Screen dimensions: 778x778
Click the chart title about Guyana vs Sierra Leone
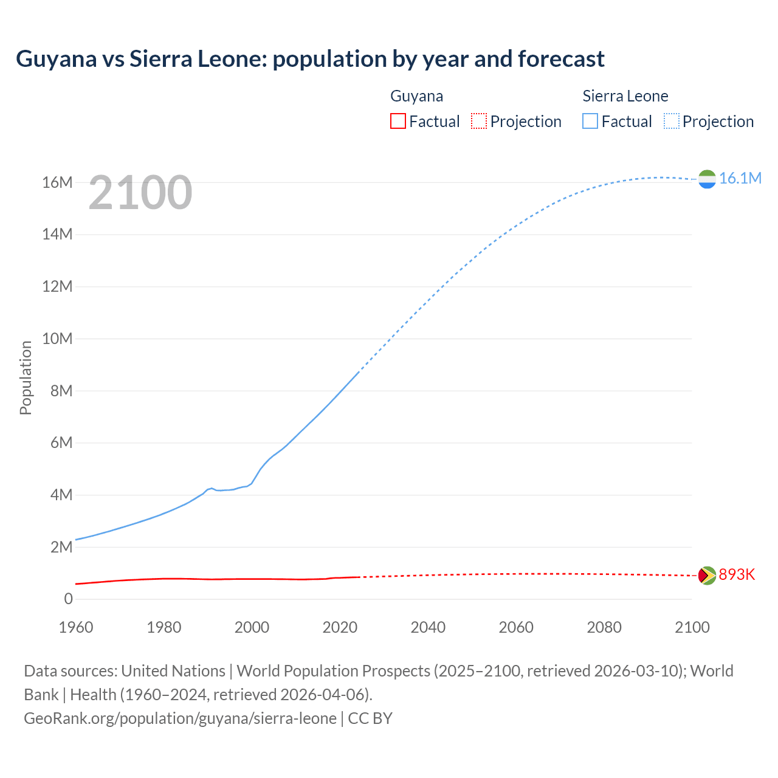click(x=310, y=59)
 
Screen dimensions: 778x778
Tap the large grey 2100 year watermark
click(x=140, y=193)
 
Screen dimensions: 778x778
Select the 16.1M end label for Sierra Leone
click(x=740, y=178)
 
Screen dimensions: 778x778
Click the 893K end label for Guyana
click(x=736, y=575)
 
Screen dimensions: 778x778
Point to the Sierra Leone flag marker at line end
click(x=707, y=179)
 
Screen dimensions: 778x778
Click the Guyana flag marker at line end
click(x=707, y=575)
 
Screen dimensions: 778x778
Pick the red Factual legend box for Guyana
click(x=398, y=121)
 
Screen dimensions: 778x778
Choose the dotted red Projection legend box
click(x=479, y=121)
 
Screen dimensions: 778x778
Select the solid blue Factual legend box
click(x=590, y=121)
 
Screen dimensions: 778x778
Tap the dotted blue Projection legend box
click(x=672, y=121)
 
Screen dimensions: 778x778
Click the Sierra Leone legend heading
click(x=625, y=96)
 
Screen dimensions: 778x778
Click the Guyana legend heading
click(x=416, y=96)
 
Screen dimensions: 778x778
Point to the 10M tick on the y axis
click(x=58, y=339)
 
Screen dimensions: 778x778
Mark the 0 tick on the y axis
click(x=68, y=599)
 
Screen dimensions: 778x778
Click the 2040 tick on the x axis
click(x=428, y=627)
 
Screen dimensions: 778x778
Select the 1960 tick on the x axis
click(x=76, y=627)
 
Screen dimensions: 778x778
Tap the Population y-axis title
click(x=26, y=377)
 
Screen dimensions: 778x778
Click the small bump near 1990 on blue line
click(x=211, y=488)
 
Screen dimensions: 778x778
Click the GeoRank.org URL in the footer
click(x=180, y=718)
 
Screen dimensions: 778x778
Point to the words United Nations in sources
click(x=173, y=671)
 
